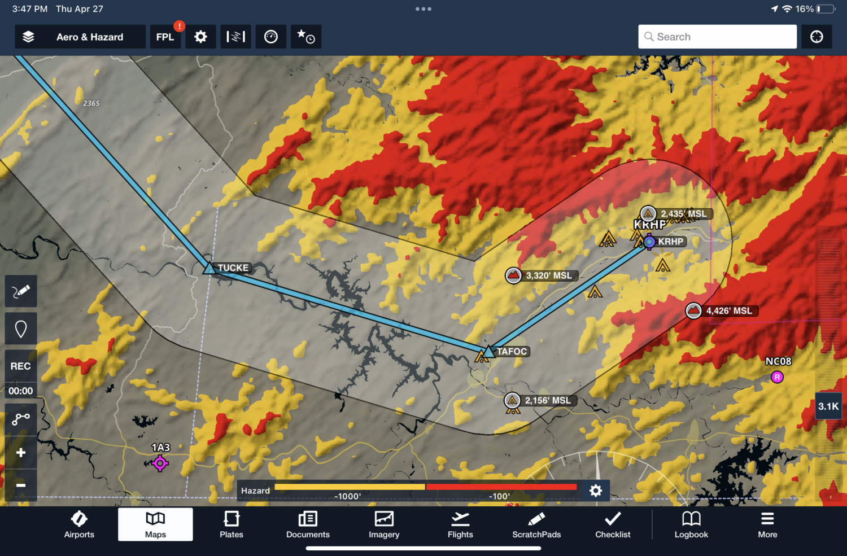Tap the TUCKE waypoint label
coord(233,268)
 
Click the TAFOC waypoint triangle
coord(488,352)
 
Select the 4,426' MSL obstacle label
coord(728,311)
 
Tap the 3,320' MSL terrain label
coord(548,275)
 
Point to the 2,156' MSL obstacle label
coord(547,400)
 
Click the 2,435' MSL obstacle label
coord(683,214)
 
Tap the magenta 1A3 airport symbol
coord(160,463)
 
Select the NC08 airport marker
coord(777,377)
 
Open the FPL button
coord(165,37)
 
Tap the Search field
coord(717,37)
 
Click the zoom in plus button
coord(21,453)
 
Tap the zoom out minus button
coord(21,485)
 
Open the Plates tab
coord(232,524)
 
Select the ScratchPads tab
coord(536,524)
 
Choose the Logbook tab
coord(691,524)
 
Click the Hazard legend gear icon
coord(596,491)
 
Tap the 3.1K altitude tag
coord(828,406)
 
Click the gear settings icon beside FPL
coord(200,37)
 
